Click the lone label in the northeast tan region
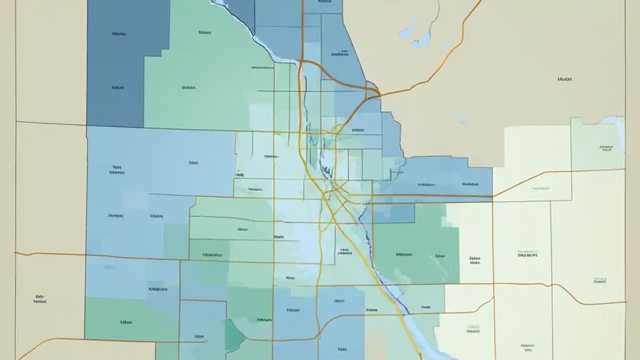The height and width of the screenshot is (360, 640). pyautogui.click(x=565, y=79)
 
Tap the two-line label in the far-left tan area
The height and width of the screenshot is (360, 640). pyautogui.click(x=40, y=298)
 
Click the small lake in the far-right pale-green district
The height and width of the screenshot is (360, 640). pyautogui.click(x=611, y=120)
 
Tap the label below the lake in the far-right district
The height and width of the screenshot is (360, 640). pyautogui.click(x=606, y=148)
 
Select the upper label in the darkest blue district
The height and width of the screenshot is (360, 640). pyautogui.click(x=118, y=34)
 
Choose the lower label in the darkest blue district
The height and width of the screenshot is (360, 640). pyautogui.click(x=117, y=87)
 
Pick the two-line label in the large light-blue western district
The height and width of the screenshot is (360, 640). pyautogui.click(x=117, y=170)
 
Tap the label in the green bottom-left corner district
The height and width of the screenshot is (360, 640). pyautogui.click(x=126, y=322)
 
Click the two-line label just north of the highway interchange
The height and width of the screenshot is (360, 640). pyautogui.click(x=342, y=53)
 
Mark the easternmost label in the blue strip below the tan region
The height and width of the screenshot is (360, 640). pyautogui.click(x=470, y=184)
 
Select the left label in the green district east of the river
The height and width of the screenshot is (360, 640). pyautogui.click(x=404, y=254)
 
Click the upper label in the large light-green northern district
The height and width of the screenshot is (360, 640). pyautogui.click(x=204, y=32)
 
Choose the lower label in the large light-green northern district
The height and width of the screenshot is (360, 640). pyautogui.click(x=188, y=87)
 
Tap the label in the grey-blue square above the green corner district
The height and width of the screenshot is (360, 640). pyautogui.click(x=158, y=289)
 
